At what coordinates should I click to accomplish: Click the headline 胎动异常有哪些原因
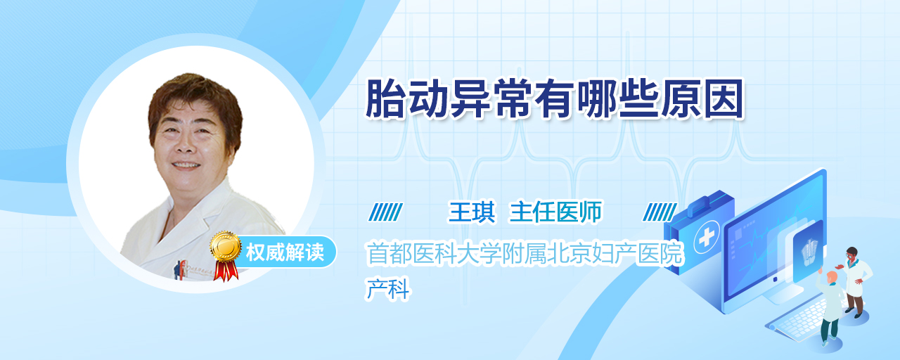[x=555, y=99]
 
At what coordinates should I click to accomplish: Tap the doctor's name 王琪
[x=472, y=212]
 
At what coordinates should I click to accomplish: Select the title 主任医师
[x=555, y=212]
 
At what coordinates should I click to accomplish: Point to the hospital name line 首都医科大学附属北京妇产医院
[x=525, y=254]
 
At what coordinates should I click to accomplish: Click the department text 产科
[x=387, y=289]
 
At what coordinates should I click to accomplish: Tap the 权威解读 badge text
[x=285, y=252]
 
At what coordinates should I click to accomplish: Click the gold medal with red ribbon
[x=226, y=255]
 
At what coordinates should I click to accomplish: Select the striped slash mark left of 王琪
[x=385, y=212]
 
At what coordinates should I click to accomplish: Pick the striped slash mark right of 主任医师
[x=660, y=212]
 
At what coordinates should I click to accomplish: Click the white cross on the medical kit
[x=707, y=237]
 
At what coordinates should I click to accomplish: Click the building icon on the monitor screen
[x=809, y=252]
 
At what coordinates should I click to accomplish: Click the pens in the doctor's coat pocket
[x=181, y=269]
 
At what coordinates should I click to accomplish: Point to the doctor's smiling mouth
[x=186, y=165]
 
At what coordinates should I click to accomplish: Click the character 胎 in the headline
[x=385, y=99]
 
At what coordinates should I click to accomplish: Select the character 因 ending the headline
[x=724, y=99]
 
